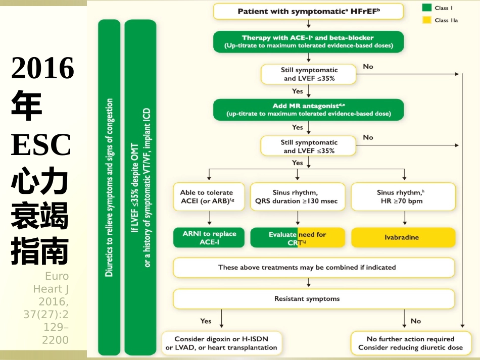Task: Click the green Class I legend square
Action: coord(426,8)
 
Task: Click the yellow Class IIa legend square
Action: coord(426,20)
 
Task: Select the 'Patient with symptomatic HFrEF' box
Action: coord(308,11)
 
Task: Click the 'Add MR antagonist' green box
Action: coord(308,110)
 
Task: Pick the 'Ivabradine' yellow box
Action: coord(403,237)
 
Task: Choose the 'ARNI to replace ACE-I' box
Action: coord(209,237)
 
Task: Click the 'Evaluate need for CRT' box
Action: coord(298,237)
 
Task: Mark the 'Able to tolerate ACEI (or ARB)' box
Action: coord(209,196)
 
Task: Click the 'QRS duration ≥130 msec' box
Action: coord(298,196)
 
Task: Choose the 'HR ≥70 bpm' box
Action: coord(403,196)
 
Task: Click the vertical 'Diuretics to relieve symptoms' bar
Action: coord(109,187)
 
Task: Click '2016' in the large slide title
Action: coord(42,68)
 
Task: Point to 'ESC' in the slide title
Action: coord(41,145)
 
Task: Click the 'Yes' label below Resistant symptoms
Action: coord(206,321)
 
